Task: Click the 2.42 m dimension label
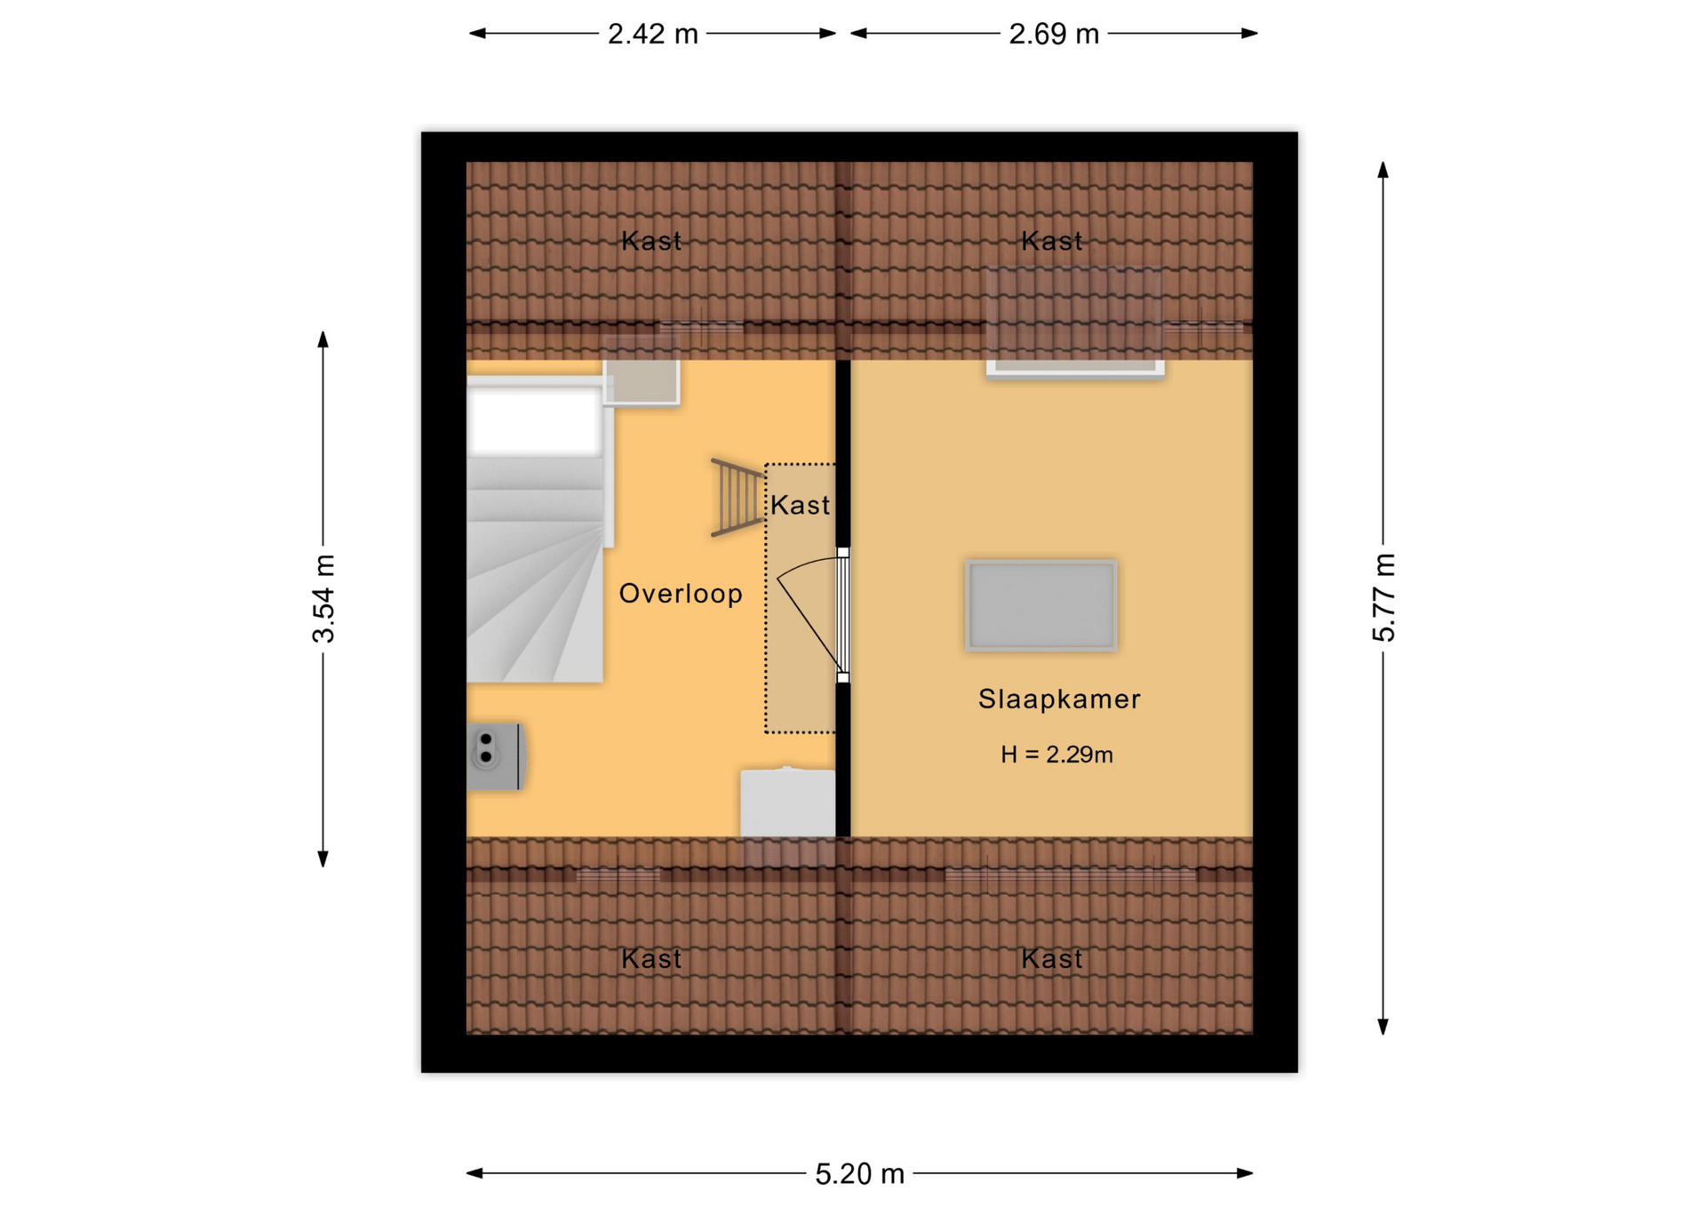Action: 652,34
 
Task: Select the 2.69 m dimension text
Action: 1054,34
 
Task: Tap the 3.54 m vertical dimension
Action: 323,598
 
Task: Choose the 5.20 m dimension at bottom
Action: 859,1174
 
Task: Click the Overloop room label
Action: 681,594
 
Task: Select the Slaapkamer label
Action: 1059,699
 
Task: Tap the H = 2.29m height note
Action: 1056,755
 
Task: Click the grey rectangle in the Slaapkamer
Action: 1041,605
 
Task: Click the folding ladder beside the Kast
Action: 737,498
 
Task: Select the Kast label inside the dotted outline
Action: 800,506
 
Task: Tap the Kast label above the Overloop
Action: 651,241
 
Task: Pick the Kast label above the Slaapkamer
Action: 1052,241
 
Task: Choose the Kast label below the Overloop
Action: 651,959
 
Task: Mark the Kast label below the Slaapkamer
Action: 1052,959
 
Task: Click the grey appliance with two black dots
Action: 496,756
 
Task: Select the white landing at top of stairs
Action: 535,421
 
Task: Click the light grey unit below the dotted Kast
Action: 788,803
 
